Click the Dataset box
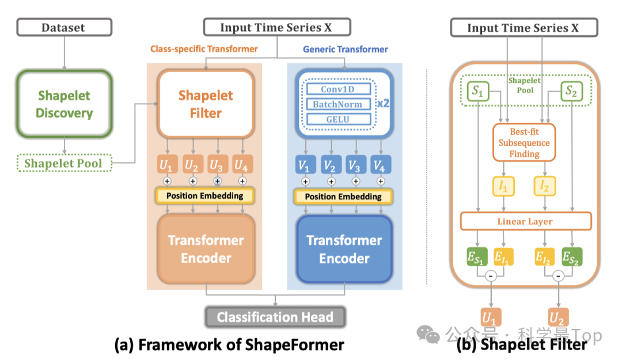[x=63, y=27]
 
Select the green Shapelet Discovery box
[x=63, y=104]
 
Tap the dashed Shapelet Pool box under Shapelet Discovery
[x=63, y=164]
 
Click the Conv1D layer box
[x=337, y=89]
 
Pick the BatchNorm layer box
[x=337, y=104]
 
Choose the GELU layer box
[x=337, y=120]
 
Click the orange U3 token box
[x=217, y=166]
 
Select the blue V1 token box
[x=306, y=166]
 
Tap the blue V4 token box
[x=380, y=166]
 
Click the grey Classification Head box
[x=275, y=317]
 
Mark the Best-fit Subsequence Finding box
[x=524, y=142]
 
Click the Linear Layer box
[x=525, y=221]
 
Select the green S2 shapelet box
[x=571, y=90]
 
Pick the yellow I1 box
[x=505, y=186]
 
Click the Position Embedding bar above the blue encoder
[x=343, y=196]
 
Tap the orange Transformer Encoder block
[x=206, y=249]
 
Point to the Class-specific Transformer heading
[x=204, y=50]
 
